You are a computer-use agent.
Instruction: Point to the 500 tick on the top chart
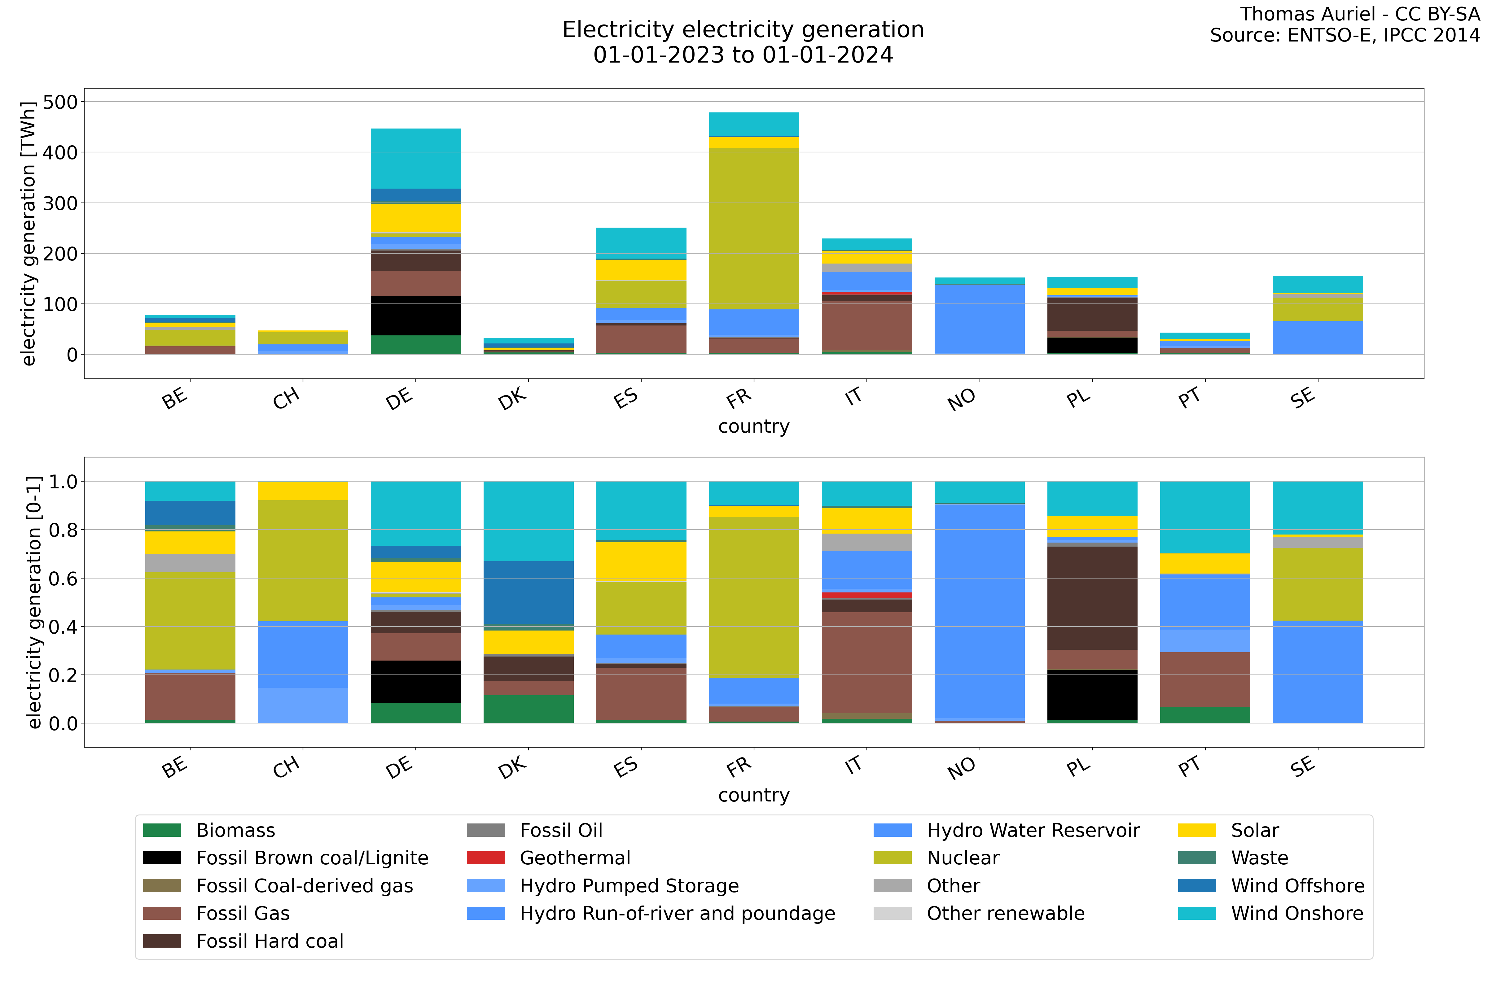click(60, 102)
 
